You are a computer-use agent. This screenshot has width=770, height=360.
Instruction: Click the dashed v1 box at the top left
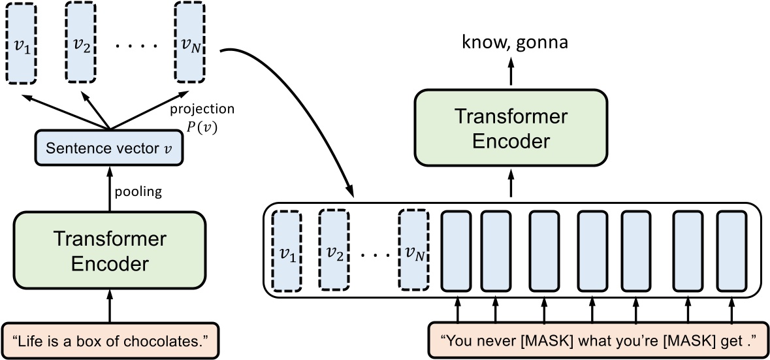(22, 44)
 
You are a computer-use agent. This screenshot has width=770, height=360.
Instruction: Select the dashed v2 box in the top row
(81, 44)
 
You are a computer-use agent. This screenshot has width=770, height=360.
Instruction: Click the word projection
(202, 108)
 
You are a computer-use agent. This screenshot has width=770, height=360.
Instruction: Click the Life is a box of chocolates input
(110, 340)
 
